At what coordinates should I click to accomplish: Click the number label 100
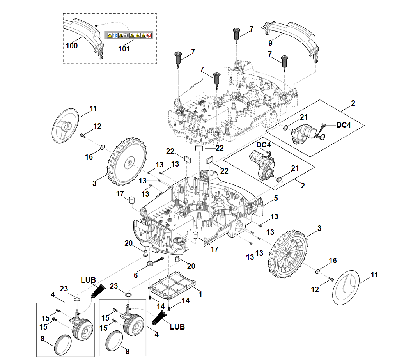(x=72, y=46)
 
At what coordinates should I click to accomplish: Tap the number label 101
(x=124, y=49)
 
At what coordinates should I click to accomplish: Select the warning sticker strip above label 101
(x=129, y=35)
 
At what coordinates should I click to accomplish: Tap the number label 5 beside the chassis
(x=276, y=198)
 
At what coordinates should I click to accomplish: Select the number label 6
(x=136, y=275)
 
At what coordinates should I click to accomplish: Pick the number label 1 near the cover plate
(x=200, y=294)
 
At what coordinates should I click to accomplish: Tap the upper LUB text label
(x=88, y=280)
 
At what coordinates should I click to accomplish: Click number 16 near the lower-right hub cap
(x=333, y=261)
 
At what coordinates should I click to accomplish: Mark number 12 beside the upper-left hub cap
(x=97, y=126)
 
